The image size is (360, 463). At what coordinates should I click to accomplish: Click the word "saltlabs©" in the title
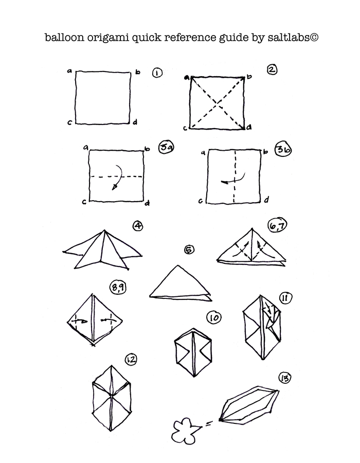click(293, 38)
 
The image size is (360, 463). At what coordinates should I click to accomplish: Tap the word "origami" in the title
click(108, 38)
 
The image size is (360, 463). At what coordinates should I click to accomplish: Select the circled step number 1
click(157, 73)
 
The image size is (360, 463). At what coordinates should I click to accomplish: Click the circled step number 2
click(272, 69)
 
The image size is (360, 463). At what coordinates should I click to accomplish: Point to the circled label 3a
click(166, 147)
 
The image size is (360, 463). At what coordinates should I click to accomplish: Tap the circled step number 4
click(138, 226)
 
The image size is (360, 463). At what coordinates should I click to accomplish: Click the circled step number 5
click(189, 250)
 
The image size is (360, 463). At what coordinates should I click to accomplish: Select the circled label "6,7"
click(277, 226)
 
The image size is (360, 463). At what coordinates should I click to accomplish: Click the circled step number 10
click(214, 318)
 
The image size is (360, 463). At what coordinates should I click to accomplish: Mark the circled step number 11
click(285, 298)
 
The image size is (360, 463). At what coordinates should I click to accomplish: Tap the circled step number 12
click(131, 360)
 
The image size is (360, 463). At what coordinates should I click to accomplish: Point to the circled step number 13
click(285, 378)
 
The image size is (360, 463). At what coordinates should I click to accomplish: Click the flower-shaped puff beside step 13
click(184, 431)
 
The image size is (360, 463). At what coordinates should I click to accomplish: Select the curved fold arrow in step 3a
click(118, 176)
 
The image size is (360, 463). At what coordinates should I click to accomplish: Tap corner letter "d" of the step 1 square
click(135, 122)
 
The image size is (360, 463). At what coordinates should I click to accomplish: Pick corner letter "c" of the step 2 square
click(185, 128)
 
